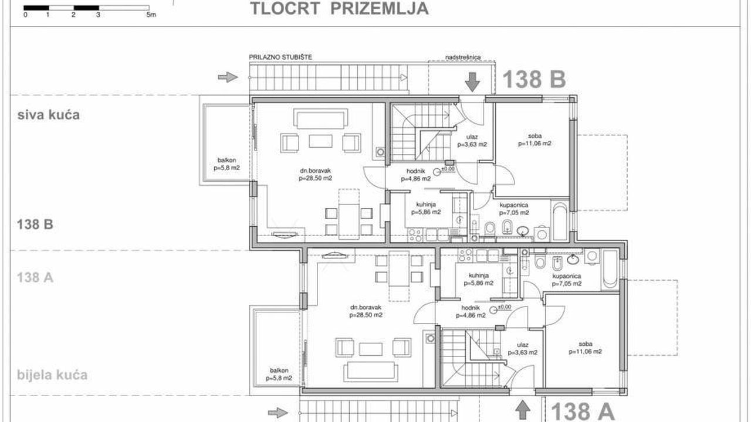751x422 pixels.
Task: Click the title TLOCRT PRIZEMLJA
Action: pyautogui.click(x=339, y=8)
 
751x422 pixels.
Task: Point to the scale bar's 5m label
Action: pyautogui.click(x=151, y=15)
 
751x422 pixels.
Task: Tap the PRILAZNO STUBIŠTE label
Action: pyautogui.click(x=280, y=57)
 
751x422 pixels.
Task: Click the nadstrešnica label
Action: pyautogui.click(x=463, y=57)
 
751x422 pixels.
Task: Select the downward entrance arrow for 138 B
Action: pyautogui.click(x=472, y=82)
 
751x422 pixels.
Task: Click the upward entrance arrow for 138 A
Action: pyautogui.click(x=523, y=410)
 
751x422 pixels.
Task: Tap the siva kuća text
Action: pyautogui.click(x=49, y=115)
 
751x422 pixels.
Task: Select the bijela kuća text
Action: pyautogui.click(x=52, y=375)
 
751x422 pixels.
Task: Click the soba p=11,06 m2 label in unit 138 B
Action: pyautogui.click(x=535, y=139)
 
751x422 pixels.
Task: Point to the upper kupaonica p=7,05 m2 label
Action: pyautogui.click(x=514, y=209)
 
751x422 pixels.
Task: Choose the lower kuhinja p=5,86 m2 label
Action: pyautogui.click(x=478, y=280)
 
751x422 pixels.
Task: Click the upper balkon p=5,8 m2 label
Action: pyautogui.click(x=226, y=164)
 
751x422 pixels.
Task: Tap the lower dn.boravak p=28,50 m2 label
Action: pyautogui.click(x=366, y=311)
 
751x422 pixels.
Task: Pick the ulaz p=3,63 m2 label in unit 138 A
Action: pyautogui.click(x=523, y=349)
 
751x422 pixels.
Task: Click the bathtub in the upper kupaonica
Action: pyautogui.click(x=560, y=221)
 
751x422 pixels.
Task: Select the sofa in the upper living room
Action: pyautogui.click(x=320, y=118)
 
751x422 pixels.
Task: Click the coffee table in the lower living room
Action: pyautogui.click(x=370, y=349)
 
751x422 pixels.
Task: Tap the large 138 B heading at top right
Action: pyautogui.click(x=534, y=79)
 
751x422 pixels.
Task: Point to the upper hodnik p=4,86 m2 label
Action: pyautogui.click(x=416, y=175)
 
